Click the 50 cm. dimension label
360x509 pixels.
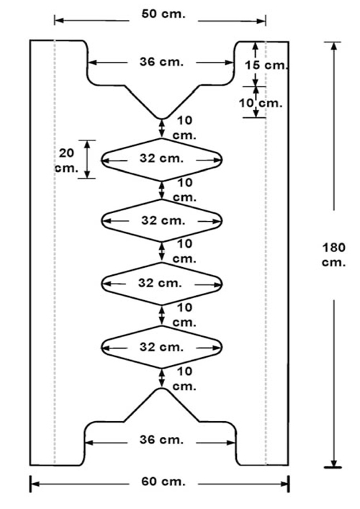163,14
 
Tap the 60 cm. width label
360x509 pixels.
163,482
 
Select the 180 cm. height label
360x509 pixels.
333,255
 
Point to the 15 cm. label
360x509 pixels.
266,66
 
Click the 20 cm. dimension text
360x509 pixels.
67,161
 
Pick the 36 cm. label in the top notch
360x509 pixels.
161,62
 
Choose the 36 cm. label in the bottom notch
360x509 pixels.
161,440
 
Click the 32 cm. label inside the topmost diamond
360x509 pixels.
161,158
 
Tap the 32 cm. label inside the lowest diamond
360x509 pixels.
161,347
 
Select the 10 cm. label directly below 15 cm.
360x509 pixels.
261,103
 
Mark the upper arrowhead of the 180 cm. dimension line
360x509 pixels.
333,46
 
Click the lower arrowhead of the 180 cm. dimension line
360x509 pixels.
333,463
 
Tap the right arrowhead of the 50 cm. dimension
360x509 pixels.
261,22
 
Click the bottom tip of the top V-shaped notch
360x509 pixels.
162,119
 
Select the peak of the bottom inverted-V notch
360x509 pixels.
162,389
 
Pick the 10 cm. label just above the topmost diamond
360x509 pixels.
185,127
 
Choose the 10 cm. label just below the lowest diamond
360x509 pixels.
185,379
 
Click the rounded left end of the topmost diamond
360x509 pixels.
102,160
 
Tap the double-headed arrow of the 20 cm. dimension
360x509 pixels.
87,159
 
